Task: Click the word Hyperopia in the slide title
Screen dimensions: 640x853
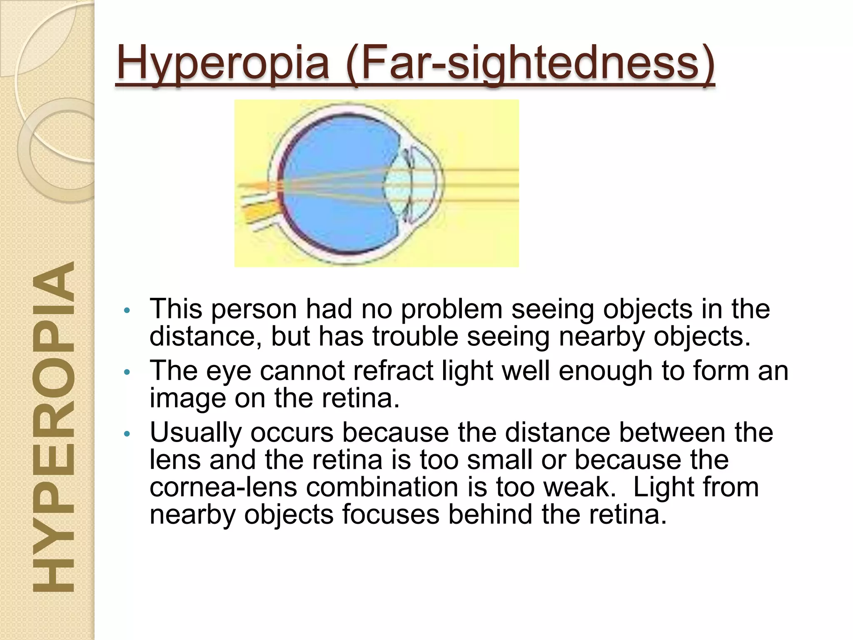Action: [223, 63]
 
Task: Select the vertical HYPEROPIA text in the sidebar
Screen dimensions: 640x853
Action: [53, 427]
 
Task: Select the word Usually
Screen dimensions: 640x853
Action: [195, 432]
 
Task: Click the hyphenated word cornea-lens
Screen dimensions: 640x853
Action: [223, 487]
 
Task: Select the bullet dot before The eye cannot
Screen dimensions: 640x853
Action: [127, 372]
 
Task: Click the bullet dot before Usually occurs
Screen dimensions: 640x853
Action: [127, 434]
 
